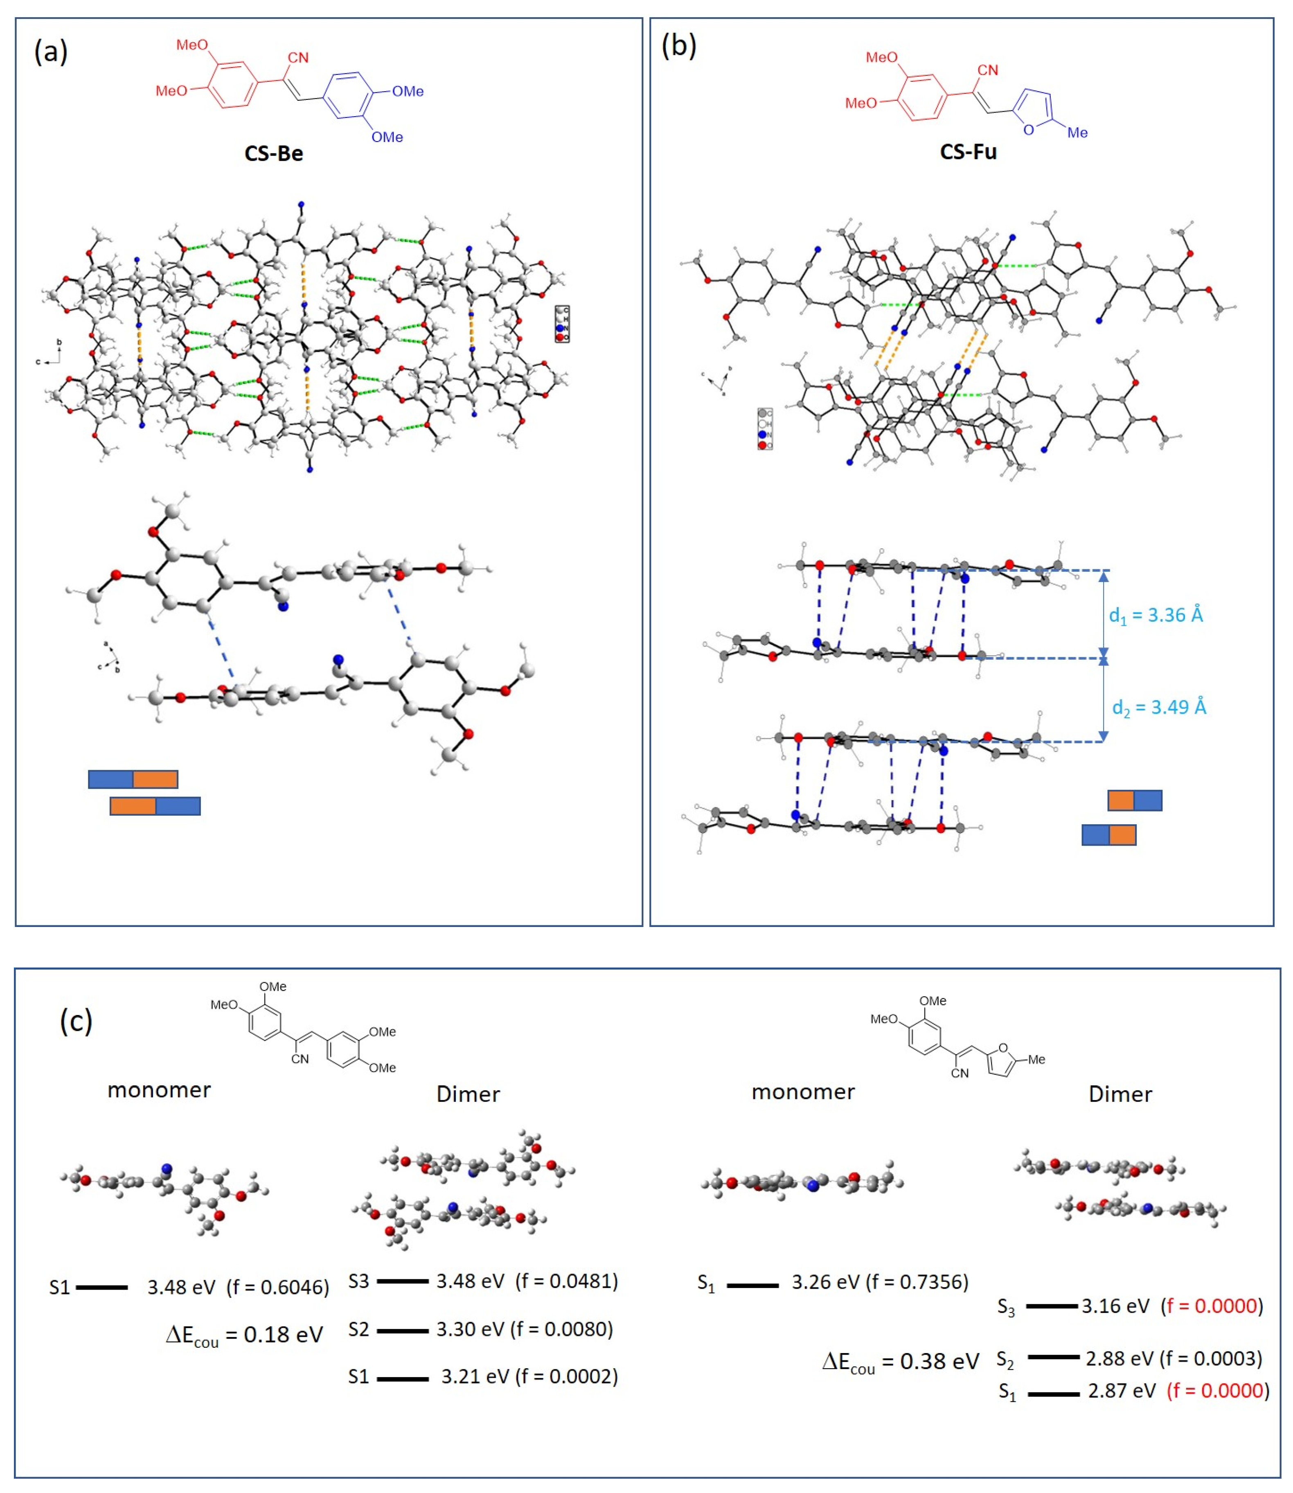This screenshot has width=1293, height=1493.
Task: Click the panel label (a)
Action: pos(50,52)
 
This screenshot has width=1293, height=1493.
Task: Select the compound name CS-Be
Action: pos(273,154)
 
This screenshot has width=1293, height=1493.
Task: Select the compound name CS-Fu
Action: pos(968,152)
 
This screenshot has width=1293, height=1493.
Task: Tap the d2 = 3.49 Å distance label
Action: pos(1159,707)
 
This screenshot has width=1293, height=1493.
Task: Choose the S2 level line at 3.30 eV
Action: pos(402,1330)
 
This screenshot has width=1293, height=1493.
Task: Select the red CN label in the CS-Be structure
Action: pos(298,58)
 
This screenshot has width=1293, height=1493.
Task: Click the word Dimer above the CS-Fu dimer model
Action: pos(1120,1095)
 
